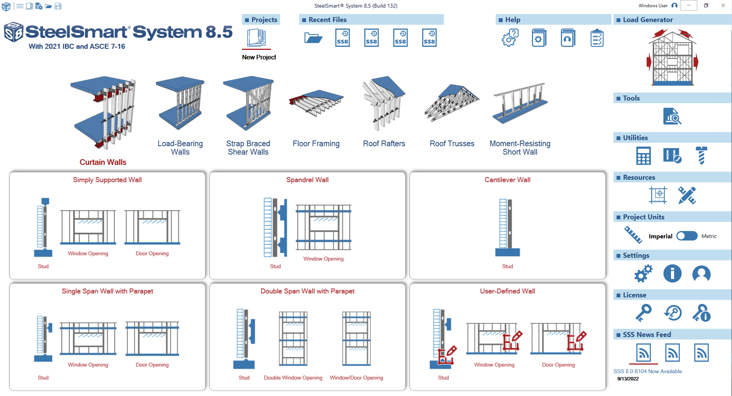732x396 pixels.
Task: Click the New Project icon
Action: coord(256,38)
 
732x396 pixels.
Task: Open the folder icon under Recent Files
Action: coord(313,38)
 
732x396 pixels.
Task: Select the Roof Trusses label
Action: coord(452,144)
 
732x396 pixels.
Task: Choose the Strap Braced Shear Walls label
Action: coord(248,148)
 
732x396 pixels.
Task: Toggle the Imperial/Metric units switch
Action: coord(687,236)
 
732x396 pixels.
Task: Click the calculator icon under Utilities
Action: coord(643,156)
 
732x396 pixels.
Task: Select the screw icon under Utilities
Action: coord(701,156)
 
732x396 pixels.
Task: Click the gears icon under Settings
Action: coord(643,273)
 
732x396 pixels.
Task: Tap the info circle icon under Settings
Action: coord(672,273)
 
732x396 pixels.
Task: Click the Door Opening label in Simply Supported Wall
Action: coord(152,254)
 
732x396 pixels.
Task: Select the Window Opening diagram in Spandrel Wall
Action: coord(324,227)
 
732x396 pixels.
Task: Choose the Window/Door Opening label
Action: coord(356,378)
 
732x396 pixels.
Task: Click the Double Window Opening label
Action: coord(293,378)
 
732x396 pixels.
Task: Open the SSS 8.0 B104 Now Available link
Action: coord(647,371)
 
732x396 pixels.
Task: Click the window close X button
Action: coord(723,6)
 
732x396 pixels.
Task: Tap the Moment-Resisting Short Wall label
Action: coord(520,148)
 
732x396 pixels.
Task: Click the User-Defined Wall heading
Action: coord(507,291)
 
